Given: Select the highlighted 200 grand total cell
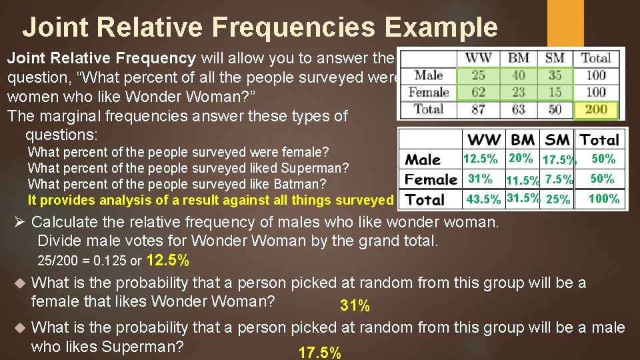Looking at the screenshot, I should (x=595, y=109).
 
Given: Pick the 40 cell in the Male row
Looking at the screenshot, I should (x=518, y=75).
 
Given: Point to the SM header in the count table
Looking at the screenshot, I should (x=554, y=58).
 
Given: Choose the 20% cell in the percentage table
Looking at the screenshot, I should (x=521, y=158).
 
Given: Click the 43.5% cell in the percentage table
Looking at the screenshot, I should (x=483, y=199).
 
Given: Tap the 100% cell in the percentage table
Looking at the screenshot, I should (x=603, y=199).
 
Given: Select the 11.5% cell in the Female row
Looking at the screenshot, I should (x=523, y=181).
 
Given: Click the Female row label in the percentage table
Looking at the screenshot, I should (x=431, y=179).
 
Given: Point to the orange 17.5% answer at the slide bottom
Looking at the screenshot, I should (x=320, y=353).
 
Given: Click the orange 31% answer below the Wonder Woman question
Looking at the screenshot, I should (x=355, y=306).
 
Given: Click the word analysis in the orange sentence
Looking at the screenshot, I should (x=107, y=199).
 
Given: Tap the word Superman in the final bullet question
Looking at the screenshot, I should (x=143, y=347).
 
